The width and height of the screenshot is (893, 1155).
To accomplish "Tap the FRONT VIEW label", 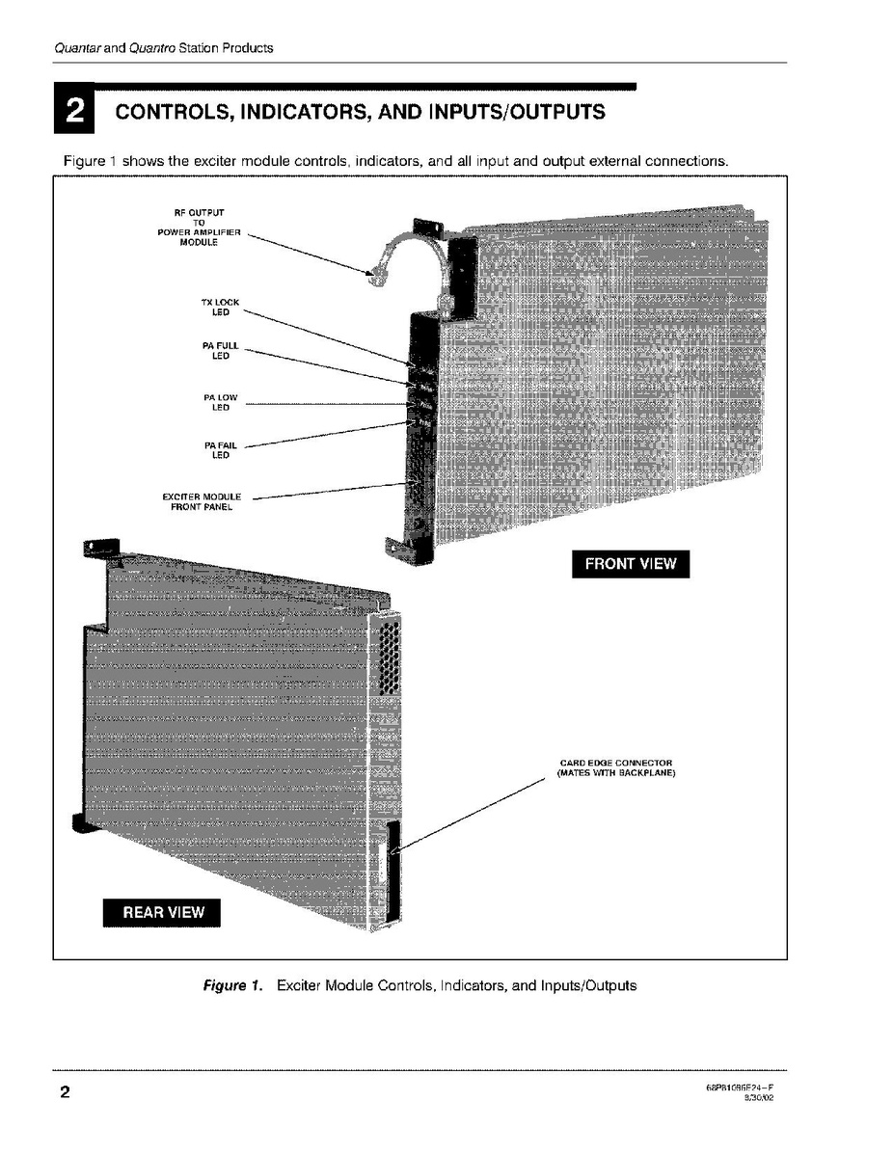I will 631,564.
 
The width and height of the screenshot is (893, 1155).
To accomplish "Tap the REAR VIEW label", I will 162,912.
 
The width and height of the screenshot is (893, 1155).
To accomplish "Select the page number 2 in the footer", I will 65,1093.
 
